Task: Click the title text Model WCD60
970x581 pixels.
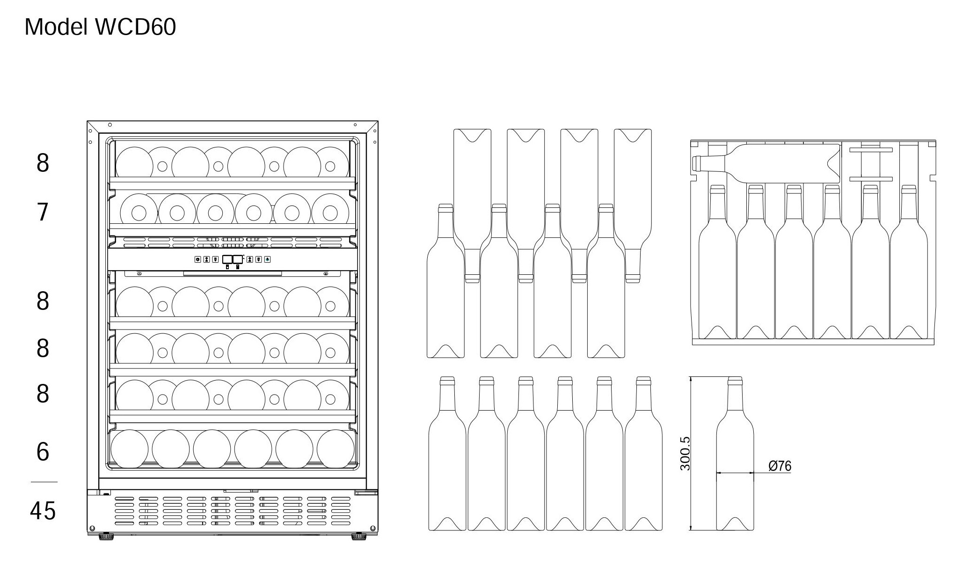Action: pos(100,27)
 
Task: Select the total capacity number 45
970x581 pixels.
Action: pos(43,511)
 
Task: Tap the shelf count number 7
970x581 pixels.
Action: pos(43,212)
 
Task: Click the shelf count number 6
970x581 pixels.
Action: pos(43,452)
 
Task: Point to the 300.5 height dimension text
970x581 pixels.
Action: pos(685,453)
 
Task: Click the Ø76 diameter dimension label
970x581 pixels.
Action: pos(780,466)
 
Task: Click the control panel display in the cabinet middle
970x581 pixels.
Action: pos(233,259)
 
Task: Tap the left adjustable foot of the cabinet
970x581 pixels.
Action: pos(107,537)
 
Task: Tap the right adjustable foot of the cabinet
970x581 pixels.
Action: pos(359,537)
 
